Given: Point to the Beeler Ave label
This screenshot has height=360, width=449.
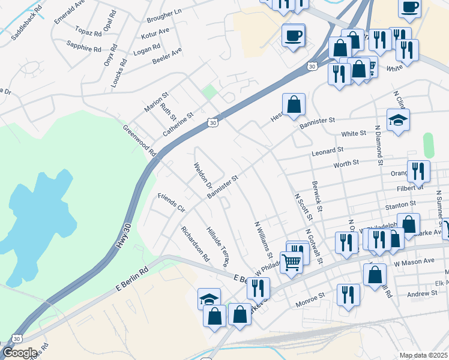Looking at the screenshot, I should pos(167,56).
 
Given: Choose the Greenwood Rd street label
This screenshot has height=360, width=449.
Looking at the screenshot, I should pos(139,141).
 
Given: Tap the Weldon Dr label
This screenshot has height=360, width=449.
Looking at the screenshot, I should pos(199,175).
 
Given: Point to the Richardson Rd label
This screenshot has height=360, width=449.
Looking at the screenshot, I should pos(195,244).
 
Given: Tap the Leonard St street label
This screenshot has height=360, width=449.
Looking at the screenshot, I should pos(327,151).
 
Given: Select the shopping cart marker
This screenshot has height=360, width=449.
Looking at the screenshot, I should pos(291,262).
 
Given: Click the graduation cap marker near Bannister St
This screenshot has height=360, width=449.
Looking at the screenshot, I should pos(398,119).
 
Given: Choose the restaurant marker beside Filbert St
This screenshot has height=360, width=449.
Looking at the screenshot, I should pos(418,171).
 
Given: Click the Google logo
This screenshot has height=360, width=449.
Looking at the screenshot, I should pos(20,353).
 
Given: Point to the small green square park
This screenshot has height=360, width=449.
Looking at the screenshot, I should pos(209,92).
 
